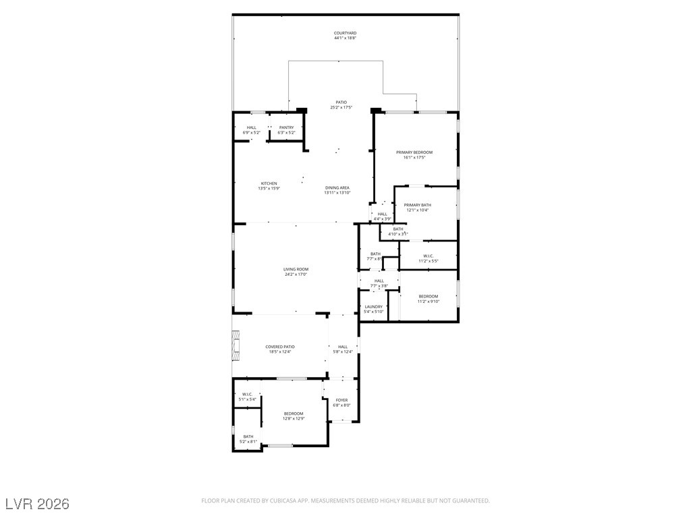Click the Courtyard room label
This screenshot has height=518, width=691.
[x=345, y=33]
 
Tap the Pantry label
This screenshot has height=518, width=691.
[x=286, y=127]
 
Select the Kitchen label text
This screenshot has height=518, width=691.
[x=269, y=183]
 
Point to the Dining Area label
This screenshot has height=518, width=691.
[x=337, y=188]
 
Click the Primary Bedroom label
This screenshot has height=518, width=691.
[x=414, y=152]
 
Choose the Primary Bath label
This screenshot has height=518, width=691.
[x=417, y=205]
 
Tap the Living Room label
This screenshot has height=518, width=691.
[x=296, y=269]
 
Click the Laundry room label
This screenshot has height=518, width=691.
[x=373, y=306]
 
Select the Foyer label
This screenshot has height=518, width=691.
[x=341, y=400]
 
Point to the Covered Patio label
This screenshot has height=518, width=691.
[x=279, y=347]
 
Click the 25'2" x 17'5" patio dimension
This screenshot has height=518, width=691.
[x=341, y=107]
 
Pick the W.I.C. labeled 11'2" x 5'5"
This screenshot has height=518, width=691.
[x=428, y=256]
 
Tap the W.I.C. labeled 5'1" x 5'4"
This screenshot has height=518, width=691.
[x=247, y=395]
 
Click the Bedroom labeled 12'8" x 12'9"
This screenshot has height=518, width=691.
[x=293, y=413]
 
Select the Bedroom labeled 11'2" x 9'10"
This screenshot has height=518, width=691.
[x=428, y=297]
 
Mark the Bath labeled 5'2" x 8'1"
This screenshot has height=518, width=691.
[x=248, y=436]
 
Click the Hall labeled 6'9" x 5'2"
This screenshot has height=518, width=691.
[x=251, y=127]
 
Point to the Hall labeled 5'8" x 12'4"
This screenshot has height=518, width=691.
[x=343, y=347]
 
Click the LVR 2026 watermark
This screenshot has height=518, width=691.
[x=37, y=503]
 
